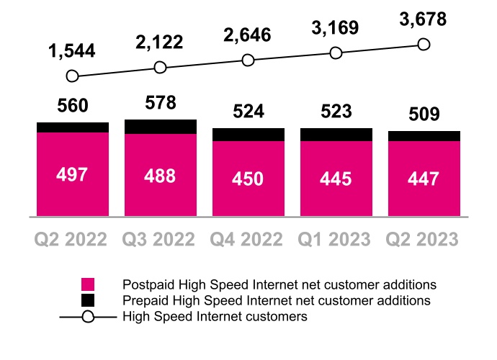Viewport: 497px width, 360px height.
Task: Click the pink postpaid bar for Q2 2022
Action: tap(73, 174)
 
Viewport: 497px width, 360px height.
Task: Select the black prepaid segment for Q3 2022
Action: tap(161, 127)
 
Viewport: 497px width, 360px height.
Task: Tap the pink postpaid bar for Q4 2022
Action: tap(248, 178)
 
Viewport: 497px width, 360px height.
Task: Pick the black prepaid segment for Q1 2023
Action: tap(336, 135)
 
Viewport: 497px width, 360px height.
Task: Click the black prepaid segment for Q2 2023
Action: tap(424, 136)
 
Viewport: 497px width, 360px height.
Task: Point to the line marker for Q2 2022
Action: tap(72, 76)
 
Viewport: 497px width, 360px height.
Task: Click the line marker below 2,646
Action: tap(248, 60)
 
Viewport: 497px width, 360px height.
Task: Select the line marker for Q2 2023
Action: tap(424, 45)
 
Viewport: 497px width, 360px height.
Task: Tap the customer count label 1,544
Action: tap(72, 51)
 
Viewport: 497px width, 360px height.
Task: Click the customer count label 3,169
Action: tap(336, 29)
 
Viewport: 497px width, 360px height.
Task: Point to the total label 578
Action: tap(161, 103)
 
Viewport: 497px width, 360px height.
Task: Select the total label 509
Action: tap(424, 114)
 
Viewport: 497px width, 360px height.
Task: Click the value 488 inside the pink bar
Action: tap(161, 177)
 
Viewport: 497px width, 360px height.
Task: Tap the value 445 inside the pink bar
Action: tap(336, 179)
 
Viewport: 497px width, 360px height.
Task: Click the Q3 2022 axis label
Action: tap(161, 238)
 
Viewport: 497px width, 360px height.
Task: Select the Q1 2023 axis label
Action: tap(336, 238)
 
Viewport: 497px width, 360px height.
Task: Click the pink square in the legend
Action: tap(88, 284)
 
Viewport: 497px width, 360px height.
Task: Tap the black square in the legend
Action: tap(88, 300)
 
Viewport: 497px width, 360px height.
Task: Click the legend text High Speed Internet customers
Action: tap(215, 316)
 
